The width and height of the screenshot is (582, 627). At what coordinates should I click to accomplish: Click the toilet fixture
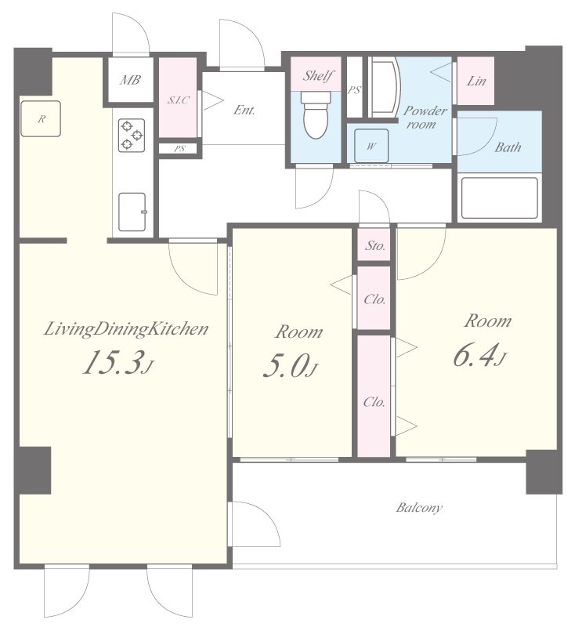tap(316, 114)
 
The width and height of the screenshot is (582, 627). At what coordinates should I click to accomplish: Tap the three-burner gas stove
tap(132, 136)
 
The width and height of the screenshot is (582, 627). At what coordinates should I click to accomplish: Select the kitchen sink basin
tap(132, 212)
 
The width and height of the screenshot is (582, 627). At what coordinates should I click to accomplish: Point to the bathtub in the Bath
tap(499, 198)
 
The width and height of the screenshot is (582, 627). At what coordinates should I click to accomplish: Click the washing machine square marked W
tap(371, 146)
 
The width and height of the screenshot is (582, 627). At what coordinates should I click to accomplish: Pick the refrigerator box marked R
tap(41, 119)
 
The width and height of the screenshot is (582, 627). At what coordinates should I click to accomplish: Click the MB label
tap(130, 81)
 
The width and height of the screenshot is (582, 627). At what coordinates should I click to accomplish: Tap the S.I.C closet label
tap(179, 100)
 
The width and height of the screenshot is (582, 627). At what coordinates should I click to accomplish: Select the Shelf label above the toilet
tap(318, 75)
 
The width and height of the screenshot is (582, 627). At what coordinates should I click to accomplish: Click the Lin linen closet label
tap(476, 82)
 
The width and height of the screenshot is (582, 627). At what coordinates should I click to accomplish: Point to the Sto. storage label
tap(375, 245)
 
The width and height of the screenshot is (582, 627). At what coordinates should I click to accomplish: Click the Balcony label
tap(419, 508)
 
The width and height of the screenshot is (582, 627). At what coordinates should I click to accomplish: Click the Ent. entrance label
tap(244, 110)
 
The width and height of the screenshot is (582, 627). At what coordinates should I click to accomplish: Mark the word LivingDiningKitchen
tap(126, 329)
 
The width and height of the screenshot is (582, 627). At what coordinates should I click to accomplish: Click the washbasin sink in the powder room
tap(385, 88)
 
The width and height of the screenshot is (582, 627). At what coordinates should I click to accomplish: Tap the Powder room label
tap(425, 117)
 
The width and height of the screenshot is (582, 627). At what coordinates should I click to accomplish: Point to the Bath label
tap(508, 147)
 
